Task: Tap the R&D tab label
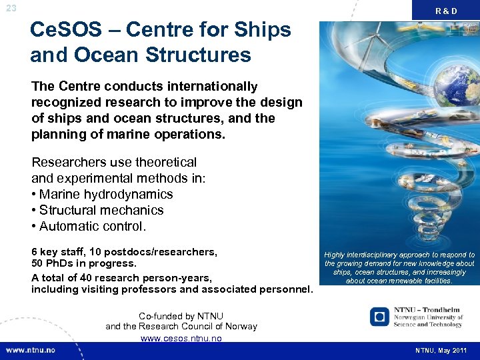pyautogui.click(x=446, y=11)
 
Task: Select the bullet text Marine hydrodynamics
pyautogui.click(x=106, y=195)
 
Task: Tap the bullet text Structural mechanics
pyautogui.click(x=101, y=211)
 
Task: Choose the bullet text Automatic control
pyautogui.click(x=93, y=227)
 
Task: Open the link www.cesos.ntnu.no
pyautogui.click(x=181, y=338)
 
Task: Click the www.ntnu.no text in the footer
pyautogui.click(x=33, y=351)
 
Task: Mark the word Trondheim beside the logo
pyautogui.click(x=441, y=310)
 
